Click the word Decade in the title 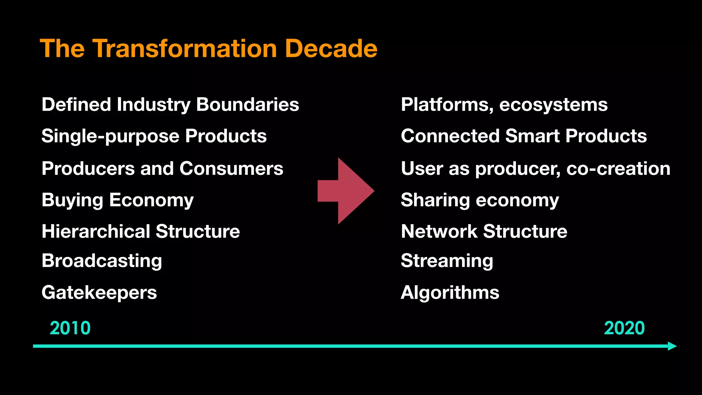coord(331,49)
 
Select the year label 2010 coord(70,328)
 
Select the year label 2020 coord(624,328)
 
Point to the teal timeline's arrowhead coord(672,346)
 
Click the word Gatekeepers coord(99,292)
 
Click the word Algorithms coord(450,292)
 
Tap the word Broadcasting coord(102,261)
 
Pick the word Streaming coord(447,261)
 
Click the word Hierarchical coord(96,231)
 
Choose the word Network coord(439,231)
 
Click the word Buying coord(72,200)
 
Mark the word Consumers coord(231,169)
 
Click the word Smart coord(532,136)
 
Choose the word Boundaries coord(247,105)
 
